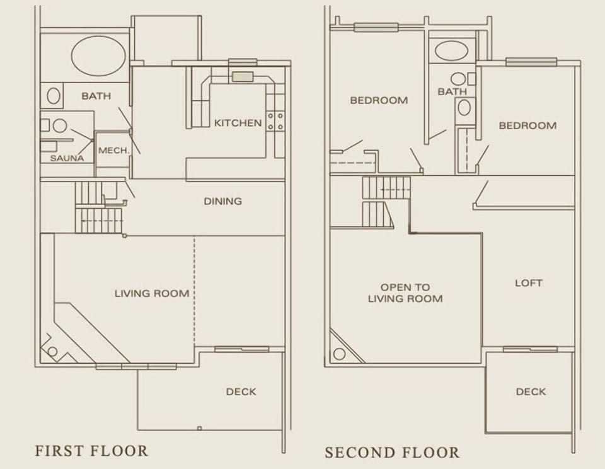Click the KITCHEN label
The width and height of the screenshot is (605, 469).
(x=238, y=123)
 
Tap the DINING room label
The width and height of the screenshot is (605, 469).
(x=222, y=202)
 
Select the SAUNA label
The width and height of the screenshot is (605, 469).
(x=67, y=158)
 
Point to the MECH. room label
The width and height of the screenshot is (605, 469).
(x=113, y=151)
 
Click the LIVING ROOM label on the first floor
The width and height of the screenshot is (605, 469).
(x=152, y=293)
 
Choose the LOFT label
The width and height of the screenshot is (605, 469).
(x=528, y=283)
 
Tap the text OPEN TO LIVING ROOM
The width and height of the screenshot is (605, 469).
(x=405, y=293)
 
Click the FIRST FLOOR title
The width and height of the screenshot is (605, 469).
(x=91, y=451)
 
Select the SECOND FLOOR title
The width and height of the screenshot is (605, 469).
(x=392, y=453)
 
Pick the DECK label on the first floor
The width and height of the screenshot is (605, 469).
(x=241, y=392)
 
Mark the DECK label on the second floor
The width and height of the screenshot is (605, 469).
(x=531, y=392)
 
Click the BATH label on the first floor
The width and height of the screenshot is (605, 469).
(x=96, y=96)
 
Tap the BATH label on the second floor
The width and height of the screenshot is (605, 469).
(x=452, y=92)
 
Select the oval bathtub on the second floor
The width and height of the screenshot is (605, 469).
(x=451, y=51)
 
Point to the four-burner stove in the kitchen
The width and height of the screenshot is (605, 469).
(x=275, y=121)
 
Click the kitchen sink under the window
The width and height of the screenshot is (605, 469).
(x=242, y=77)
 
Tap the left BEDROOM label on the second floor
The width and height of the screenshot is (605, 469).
(x=379, y=100)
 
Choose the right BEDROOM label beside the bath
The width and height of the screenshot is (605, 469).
(x=527, y=125)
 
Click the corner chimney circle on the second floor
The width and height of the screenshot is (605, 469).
(x=339, y=354)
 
